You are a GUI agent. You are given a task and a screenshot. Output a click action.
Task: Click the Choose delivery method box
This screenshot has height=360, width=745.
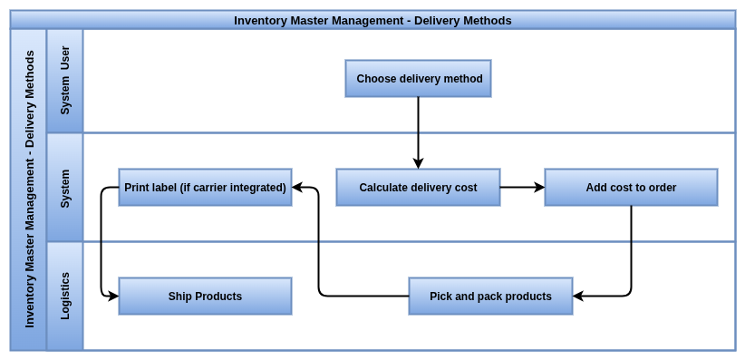(418, 79)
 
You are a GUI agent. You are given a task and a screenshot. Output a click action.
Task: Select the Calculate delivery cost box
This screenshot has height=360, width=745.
(418, 188)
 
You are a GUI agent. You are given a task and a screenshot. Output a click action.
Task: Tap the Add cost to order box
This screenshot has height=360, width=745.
(631, 188)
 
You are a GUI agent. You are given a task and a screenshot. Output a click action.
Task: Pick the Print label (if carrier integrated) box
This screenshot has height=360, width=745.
(205, 188)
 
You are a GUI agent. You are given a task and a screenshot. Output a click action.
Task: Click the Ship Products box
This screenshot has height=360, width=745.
(205, 297)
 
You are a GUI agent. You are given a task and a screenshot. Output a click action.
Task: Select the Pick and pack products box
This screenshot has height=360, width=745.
(491, 297)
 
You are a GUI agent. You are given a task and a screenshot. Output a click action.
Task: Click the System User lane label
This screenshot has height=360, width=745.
(65, 80)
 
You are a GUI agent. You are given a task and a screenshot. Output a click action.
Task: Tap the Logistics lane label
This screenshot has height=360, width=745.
(65, 296)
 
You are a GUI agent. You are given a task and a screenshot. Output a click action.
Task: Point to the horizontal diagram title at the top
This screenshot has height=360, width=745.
(372, 21)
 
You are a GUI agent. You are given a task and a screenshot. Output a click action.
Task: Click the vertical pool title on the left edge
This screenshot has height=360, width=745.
(30, 189)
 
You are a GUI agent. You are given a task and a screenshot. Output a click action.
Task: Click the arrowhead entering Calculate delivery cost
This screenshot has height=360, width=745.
(418, 163)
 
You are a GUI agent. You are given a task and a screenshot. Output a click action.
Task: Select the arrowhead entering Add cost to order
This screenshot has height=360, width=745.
(539, 188)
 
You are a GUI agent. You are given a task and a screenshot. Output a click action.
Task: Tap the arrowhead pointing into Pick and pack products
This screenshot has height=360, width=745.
(578, 297)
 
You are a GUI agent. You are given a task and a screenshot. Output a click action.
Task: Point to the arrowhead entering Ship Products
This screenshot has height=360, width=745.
(113, 297)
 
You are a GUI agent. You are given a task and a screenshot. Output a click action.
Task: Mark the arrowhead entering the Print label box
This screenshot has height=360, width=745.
(297, 188)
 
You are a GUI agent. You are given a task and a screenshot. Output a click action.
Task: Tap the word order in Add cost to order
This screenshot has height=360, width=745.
(663, 188)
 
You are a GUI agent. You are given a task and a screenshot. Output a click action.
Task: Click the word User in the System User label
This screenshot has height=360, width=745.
(65, 57)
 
